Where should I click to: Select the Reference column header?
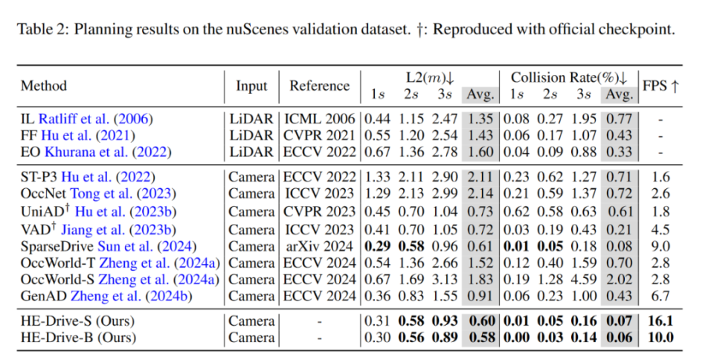coord(319,86)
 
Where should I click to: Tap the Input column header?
coord(251,86)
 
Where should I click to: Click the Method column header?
coord(44,86)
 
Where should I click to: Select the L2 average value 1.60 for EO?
coord(480,151)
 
